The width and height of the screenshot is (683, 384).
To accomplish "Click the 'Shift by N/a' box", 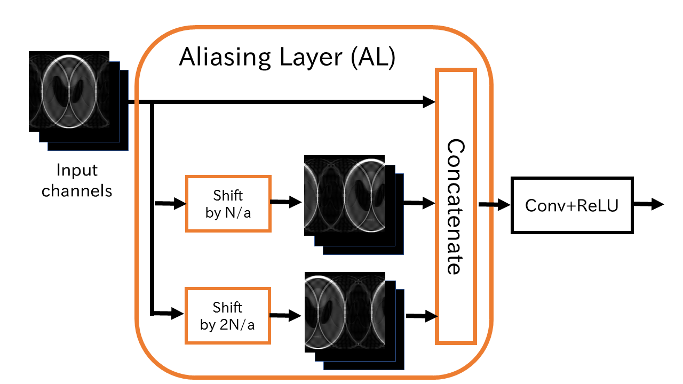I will [x=228, y=203].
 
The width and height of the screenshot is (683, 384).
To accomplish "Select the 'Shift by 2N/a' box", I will [x=228, y=315].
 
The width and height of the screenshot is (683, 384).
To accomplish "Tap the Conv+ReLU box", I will [x=572, y=205].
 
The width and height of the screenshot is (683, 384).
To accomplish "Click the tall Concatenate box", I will [x=455, y=205].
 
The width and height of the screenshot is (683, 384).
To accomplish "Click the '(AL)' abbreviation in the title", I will [x=372, y=58].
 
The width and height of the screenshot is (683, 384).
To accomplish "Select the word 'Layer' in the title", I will [x=308, y=58].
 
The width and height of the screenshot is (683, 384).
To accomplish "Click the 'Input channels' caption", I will [x=77, y=180].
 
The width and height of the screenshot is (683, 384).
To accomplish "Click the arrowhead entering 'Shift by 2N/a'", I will [x=178, y=314].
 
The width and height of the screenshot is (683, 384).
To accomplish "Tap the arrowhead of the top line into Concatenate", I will [x=430, y=101].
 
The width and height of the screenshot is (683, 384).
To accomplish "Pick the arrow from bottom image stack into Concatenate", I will [x=422, y=316].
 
